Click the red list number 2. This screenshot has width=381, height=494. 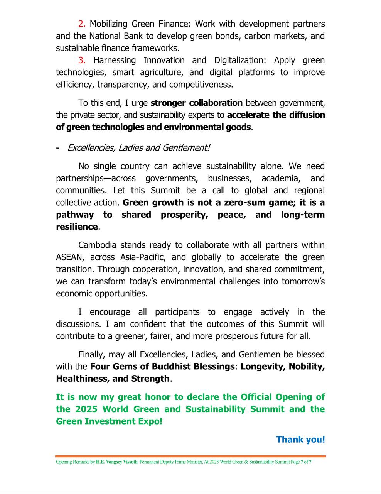[x=81, y=24]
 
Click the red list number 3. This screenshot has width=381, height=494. [x=81, y=60]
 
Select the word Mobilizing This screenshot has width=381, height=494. [x=108, y=24]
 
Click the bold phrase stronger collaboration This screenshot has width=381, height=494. [x=196, y=103]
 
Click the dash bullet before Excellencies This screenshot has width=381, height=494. [x=57, y=148]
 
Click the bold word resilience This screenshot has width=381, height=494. [x=77, y=227]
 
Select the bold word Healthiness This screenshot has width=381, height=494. [x=81, y=379]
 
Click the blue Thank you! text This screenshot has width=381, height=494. [x=300, y=440]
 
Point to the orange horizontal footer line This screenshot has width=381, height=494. [x=190, y=457]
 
